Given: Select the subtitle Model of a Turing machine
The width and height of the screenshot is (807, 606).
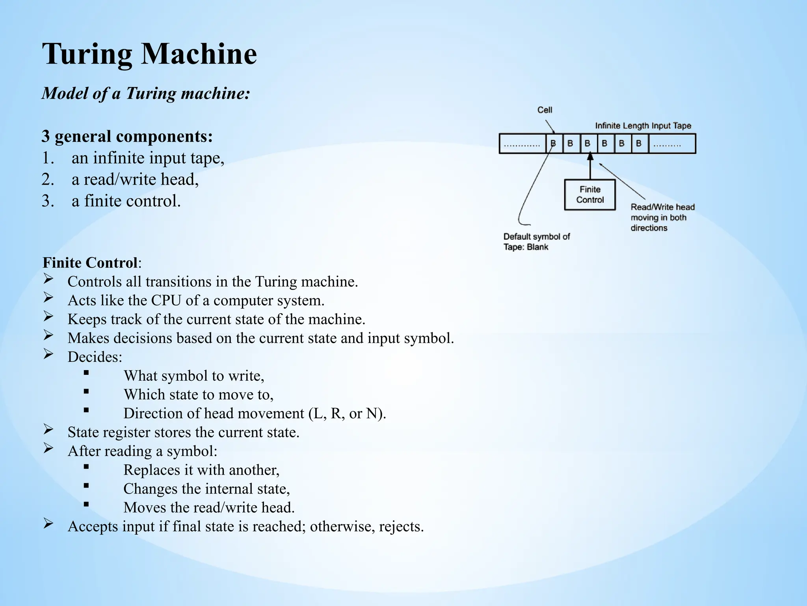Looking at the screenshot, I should tap(146, 94).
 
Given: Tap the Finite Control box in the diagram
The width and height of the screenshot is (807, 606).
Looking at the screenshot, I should tap(589, 195).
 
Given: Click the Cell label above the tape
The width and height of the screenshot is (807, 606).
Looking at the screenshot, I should tap(545, 110).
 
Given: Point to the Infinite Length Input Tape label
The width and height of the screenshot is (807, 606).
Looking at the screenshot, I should tap(643, 126).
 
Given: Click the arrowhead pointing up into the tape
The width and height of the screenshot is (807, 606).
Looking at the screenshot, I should tap(590, 157).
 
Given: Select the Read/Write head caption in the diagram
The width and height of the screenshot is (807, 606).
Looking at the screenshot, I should tap(662, 217).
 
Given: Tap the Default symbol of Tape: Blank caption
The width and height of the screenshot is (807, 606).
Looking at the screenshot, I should tap(536, 241).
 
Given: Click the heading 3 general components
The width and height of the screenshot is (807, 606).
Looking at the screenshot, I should tap(127, 137).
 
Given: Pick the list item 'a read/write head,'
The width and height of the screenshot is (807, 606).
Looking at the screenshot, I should tap(135, 180).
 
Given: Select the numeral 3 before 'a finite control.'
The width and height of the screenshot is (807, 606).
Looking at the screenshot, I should tap(47, 201).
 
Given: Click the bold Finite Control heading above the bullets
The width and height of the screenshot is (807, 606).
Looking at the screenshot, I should tap(90, 263).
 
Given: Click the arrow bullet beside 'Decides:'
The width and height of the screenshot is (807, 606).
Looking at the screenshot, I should tap(48, 354).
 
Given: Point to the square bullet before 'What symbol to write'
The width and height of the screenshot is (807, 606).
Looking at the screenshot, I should tap(86, 372).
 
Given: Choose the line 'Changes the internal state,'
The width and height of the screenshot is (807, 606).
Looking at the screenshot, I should tap(206, 489).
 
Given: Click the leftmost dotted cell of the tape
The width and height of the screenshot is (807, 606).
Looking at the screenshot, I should tap(522, 144).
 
